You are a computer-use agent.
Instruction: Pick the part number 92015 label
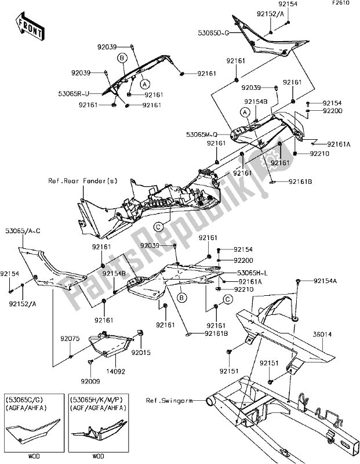tap(140, 352)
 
